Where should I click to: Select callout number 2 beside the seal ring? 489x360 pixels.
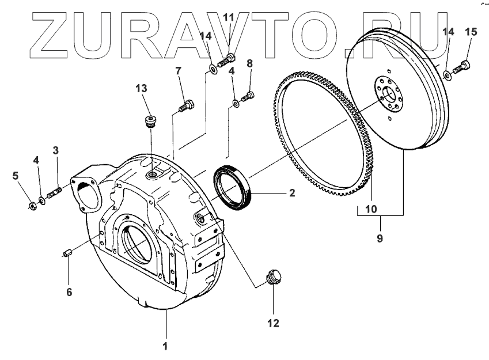pyautogui.click(x=292, y=192)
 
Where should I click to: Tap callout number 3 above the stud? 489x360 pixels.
pyautogui.click(x=56, y=151)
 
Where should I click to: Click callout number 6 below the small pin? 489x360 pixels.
pyautogui.click(x=69, y=292)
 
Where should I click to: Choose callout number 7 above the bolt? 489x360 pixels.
pyautogui.click(x=178, y=71)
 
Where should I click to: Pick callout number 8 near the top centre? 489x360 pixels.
pyautogui.click(x=249, y=63)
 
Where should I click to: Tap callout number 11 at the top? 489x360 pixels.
pyautogui.click(x=229, y=18)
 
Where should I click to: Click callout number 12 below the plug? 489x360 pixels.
pyautogui.click(x=273, y=323)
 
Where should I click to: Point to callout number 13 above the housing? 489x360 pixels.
pyautogui.click(x=142, y=88)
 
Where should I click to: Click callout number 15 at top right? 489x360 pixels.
pyautogui.click(x=471, y=32)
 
